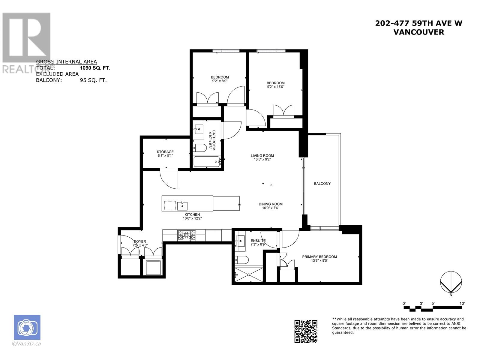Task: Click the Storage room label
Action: pyautogui.click(x=165, y=152)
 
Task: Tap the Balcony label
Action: pyautogui.click(x=322, y=184)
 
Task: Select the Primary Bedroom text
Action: pyautogui.click(x=319, y=257)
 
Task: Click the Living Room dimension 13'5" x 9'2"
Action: pyautogui.click(x=262, y=160)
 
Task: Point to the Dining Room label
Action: pyautogui.click(x=271, y=204)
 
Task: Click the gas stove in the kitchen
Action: pyautogui.click(x=187, y=235)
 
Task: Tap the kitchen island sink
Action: pyautogui.click(x=182, y=206)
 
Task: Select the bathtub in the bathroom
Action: pyautogui.click(x=207, y=162)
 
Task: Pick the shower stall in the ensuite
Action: pyautogui.click(x=248, y=274)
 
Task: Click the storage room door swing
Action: pyautogui.click(x=169, y=179)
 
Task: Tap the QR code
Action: pyautogui.click(x=305, y=331)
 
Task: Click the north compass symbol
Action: pyautogui.click(x=451, y=282)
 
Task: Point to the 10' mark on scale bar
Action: pyautogui.click(x=462, y=304)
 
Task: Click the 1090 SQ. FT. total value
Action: pyautogui.click(x=93, y=68)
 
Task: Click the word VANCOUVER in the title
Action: pyautogui.click(x=418, y=32)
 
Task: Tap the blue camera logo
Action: pyautogui.click(x=27, y=327)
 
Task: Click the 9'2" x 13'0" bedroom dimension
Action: pyautogui.click(x=275, y=87)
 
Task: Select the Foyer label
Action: pyautogui.click(x=140, y=241)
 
